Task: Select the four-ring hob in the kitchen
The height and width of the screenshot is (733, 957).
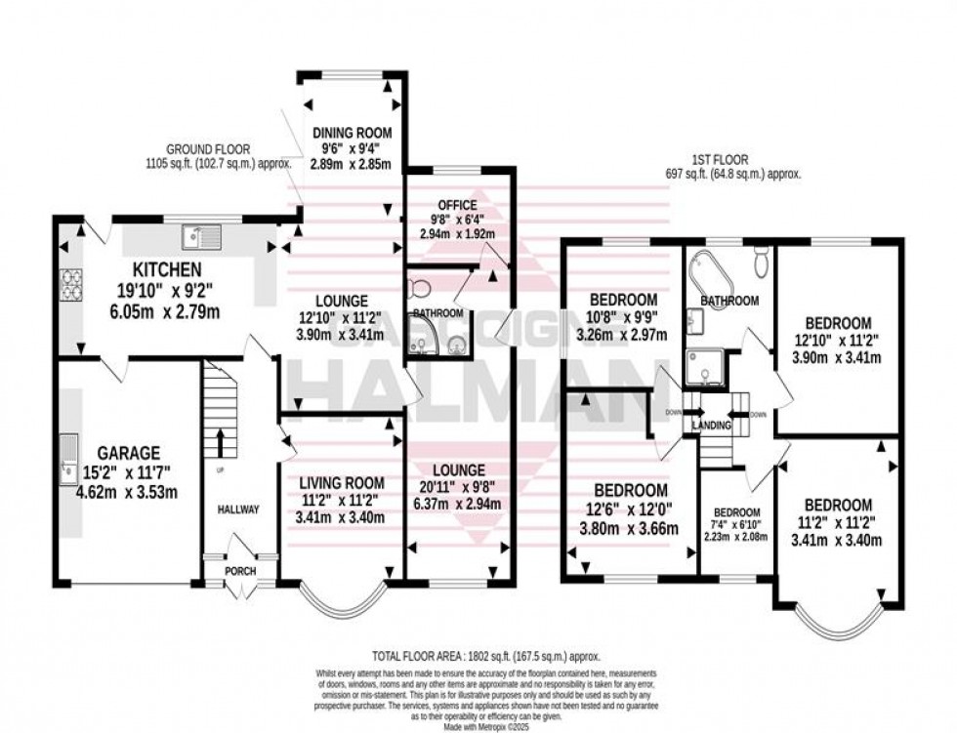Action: pyautogui.click(x=72, y=282)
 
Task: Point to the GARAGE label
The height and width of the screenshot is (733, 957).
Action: pyautogui.click(x=128, y=453)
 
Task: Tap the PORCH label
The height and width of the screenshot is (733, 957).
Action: pyautogui.click(x=240, y=571)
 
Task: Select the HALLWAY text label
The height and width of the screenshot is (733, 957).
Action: pyautogui.click(x=239, y=509)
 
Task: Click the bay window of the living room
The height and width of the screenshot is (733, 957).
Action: pyautogui.click(x=338, y=601)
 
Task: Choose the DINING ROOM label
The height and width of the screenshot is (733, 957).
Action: pyautogui.click(x=352, y=133)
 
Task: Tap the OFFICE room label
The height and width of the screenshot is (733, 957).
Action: pyautogui.click(x=457, y=205)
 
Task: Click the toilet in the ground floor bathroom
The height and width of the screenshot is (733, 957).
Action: pyautogui.click(x=420, y=287)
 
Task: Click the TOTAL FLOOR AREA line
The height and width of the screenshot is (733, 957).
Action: pyautogui.click(x=485, y=657)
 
